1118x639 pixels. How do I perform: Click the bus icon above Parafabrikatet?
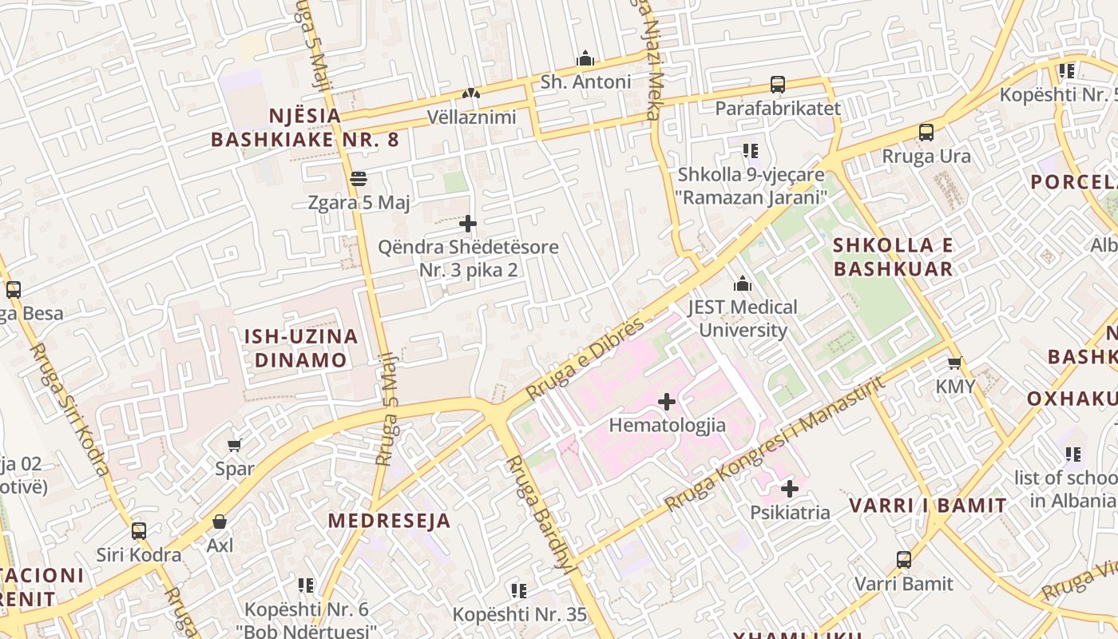coord(777,84)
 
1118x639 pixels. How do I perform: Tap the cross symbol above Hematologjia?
coord(667,401)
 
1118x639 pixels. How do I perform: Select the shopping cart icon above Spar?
coord(234,445)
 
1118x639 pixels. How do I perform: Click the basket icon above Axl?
coord(220,522)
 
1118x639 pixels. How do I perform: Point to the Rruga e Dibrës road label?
coord(585,359)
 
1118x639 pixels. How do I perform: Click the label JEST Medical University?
coord(743,318)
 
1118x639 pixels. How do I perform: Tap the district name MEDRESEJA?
coord(390,522)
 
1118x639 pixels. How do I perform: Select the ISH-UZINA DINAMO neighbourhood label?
coord(301,347)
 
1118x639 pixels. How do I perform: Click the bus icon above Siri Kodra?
coord(139,530)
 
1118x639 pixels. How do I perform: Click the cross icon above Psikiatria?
coord(790,488)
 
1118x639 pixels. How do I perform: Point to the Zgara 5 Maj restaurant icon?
coord(359,179)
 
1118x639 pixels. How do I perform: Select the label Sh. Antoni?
coord(585,81)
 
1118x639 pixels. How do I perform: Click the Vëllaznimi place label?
coord(471,117)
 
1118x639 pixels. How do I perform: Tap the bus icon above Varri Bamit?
coord(904,560)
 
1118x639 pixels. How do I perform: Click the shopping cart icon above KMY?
coord(954,363)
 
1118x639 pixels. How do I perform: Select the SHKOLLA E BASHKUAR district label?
coord(893,256)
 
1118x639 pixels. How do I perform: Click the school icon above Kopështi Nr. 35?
coord(519,591)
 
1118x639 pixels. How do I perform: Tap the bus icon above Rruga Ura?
coord(926,133)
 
